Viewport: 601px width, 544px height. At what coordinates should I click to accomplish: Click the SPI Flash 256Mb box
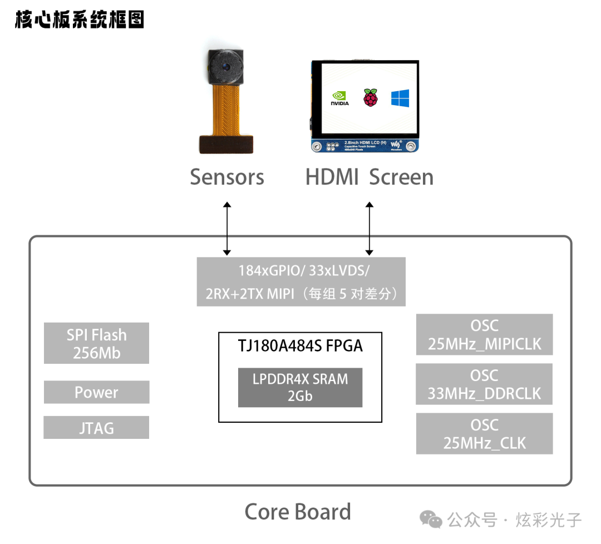pyautogui.click(x=96, y=343)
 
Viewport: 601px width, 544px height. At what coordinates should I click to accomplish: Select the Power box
pyautogui.click(x=96, y=392)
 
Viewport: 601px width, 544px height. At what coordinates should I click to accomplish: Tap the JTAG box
pyautogui.click(x=96, y=428)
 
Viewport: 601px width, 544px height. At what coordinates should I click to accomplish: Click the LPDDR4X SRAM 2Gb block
pyautogui.click(x=300, y=387)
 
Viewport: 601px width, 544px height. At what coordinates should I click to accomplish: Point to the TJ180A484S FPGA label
pyautogui.click(x=300, y=346)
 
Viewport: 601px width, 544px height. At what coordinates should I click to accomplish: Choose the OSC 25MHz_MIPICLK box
pyautogui.click(x=484, y=334)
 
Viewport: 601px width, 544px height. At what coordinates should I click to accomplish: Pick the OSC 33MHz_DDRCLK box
pyautogui.click(x=484, y=384)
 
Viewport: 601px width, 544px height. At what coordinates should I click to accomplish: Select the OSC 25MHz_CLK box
pyautogui.click(x=484, y=433)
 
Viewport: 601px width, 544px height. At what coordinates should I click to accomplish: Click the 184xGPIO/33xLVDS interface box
pyautogui.click(x=301, y=281)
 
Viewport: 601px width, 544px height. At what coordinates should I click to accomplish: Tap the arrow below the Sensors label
pyautogui.click(x=226, y=229)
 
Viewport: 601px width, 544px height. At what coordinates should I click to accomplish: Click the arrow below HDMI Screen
pyautogui.click(x=369, y=229)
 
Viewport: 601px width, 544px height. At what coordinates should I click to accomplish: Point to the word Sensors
pyautogui.click(x=227, y=177)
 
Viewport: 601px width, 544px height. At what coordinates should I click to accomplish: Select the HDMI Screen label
pyautogui.click(x=369, y=177)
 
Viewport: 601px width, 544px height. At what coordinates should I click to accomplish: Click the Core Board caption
pyautogui.click(x=298, y=512)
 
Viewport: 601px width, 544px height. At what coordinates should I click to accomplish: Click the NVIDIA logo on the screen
pyautogui.click(x=339, y=98)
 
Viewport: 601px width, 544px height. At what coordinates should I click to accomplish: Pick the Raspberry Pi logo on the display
pyautogui.click(x=370, y=97)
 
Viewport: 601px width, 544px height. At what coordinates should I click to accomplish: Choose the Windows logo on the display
pyautogui.click(x=400, y=98)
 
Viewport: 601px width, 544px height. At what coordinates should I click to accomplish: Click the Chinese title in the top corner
pyautogui.click(x=80, y=19)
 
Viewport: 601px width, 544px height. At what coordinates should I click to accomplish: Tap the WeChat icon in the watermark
pyautogui.click(x=431, y=520)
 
